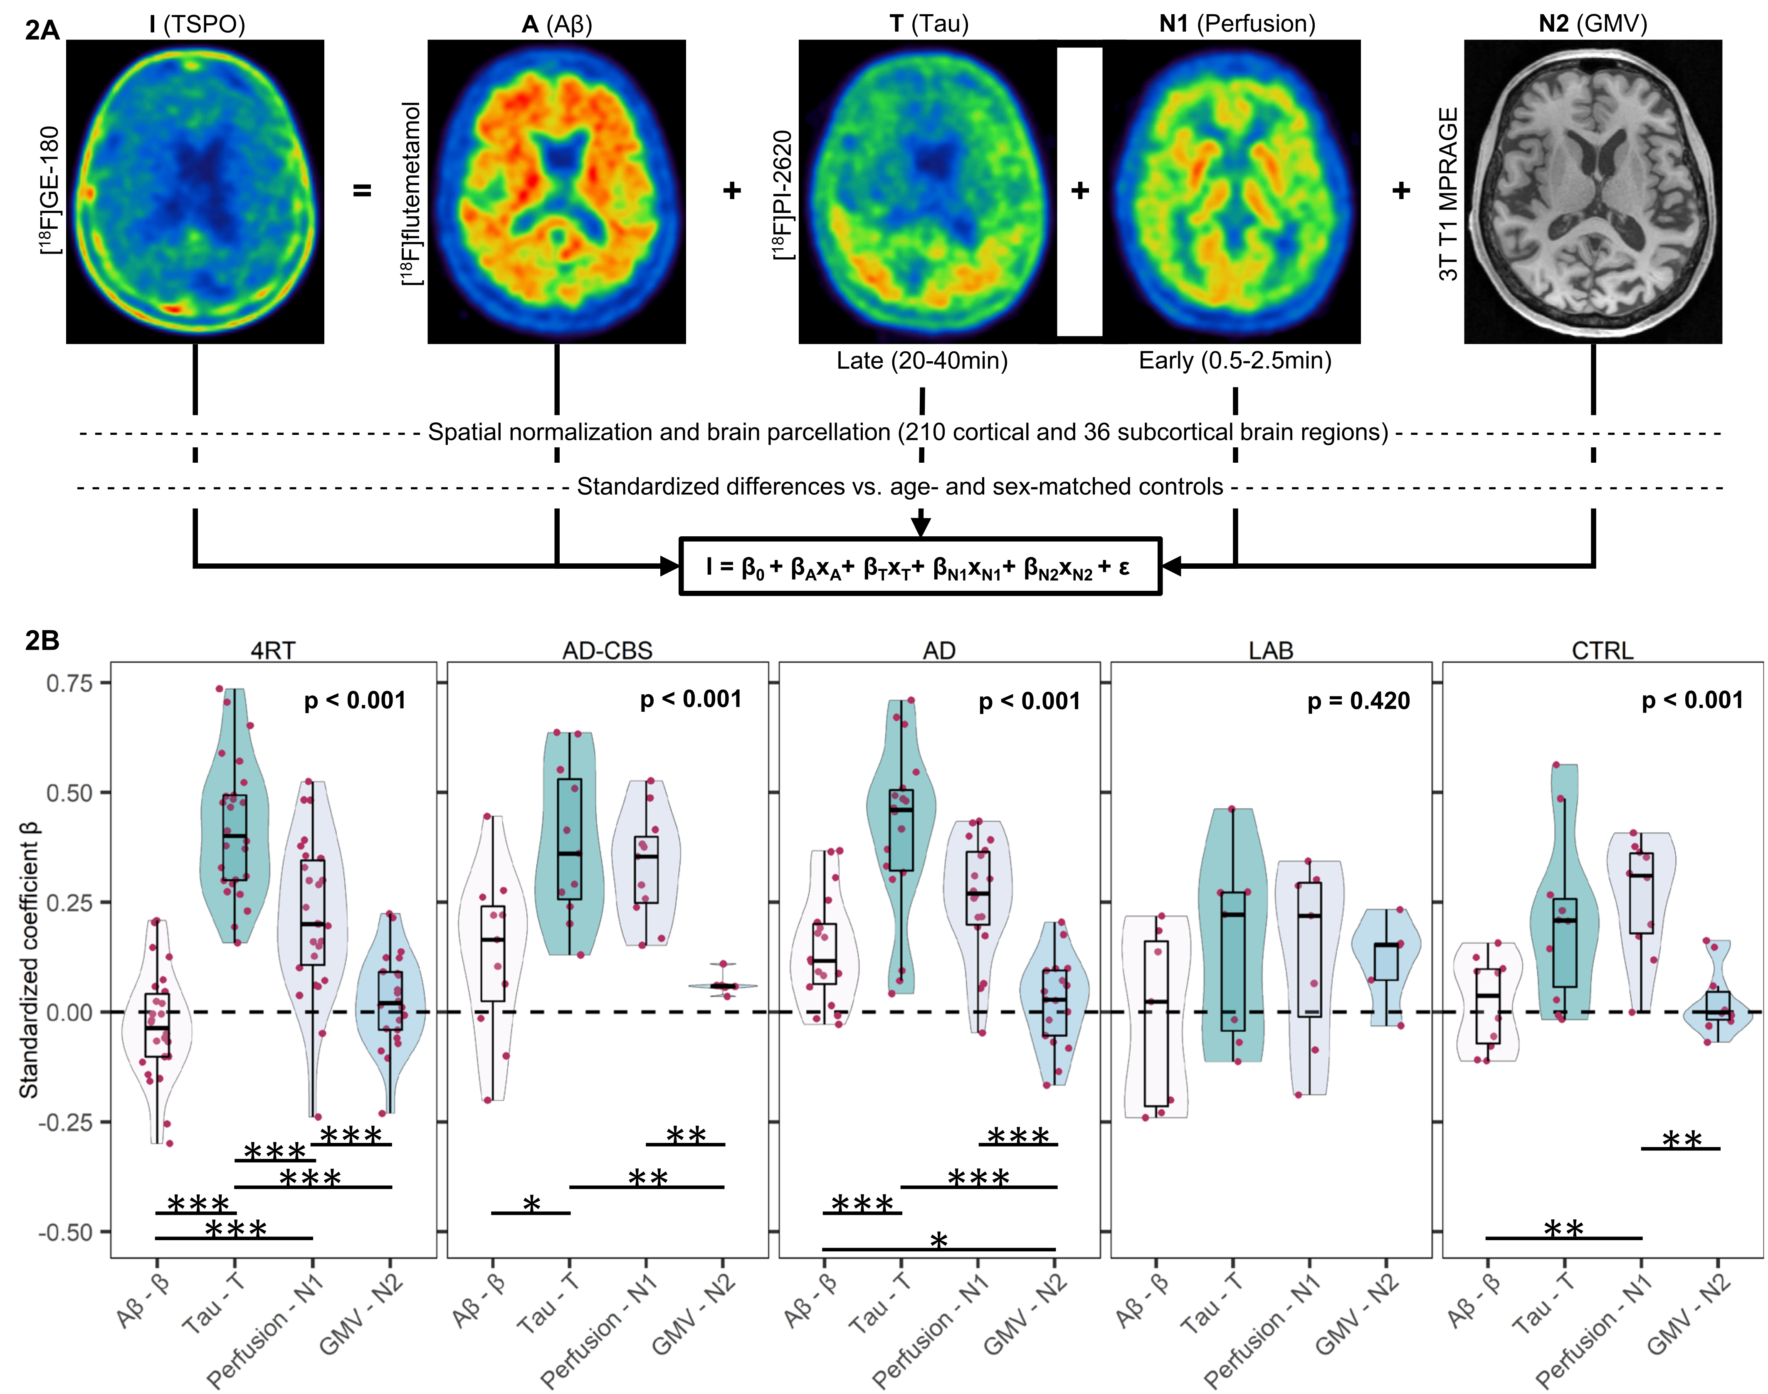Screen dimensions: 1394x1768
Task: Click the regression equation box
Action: pos(920,566)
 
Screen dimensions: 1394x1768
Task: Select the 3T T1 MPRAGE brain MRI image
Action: pos(1593,192)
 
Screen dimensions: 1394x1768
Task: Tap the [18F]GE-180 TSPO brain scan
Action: pos(195,192)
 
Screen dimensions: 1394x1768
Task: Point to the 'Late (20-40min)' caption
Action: pos(921,361)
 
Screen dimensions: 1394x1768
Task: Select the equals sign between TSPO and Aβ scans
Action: pos(362,191)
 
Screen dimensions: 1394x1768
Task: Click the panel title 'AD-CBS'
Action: pos(607,651)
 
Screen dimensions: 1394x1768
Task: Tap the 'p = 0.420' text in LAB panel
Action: pos(1358,701)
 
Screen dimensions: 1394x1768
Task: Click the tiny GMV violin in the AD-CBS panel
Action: pos(722,986)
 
